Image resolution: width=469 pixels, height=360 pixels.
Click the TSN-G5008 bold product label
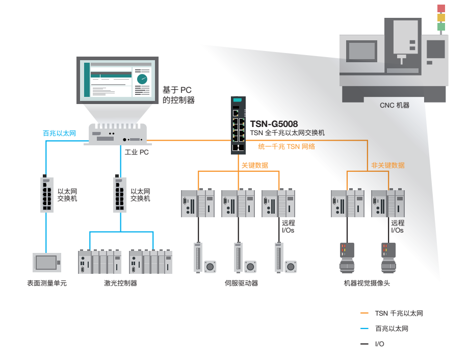[x=274, y=124]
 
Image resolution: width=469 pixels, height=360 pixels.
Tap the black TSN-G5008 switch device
[x=237, y=125]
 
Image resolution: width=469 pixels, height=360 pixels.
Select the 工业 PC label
[x=137, y=152]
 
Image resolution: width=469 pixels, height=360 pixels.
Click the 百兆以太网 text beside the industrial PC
[x=59, y=133]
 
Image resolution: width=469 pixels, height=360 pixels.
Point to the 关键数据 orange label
[x=254, y=165]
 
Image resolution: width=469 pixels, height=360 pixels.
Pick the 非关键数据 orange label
[x=388, y=165]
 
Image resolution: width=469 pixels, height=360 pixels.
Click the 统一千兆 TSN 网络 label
[x=286, y=146]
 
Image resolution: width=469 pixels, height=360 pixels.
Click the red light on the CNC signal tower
[x=441, y=9]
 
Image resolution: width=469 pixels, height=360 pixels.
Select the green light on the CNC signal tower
[x=441, y=27]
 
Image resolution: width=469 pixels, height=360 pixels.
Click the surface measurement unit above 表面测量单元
[x=46, y=262]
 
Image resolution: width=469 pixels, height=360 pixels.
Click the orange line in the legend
[x=364, y=313]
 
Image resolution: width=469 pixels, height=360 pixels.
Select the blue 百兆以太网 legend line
[x=364, y=329]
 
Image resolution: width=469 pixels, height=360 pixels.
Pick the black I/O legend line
[x=364, y=344]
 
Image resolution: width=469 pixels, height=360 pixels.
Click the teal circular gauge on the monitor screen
[x=142, y=79]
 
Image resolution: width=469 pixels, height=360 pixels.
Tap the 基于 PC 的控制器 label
[x=178, y=95]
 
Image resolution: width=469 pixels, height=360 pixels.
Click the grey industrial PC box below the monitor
[x=118, y=135]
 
